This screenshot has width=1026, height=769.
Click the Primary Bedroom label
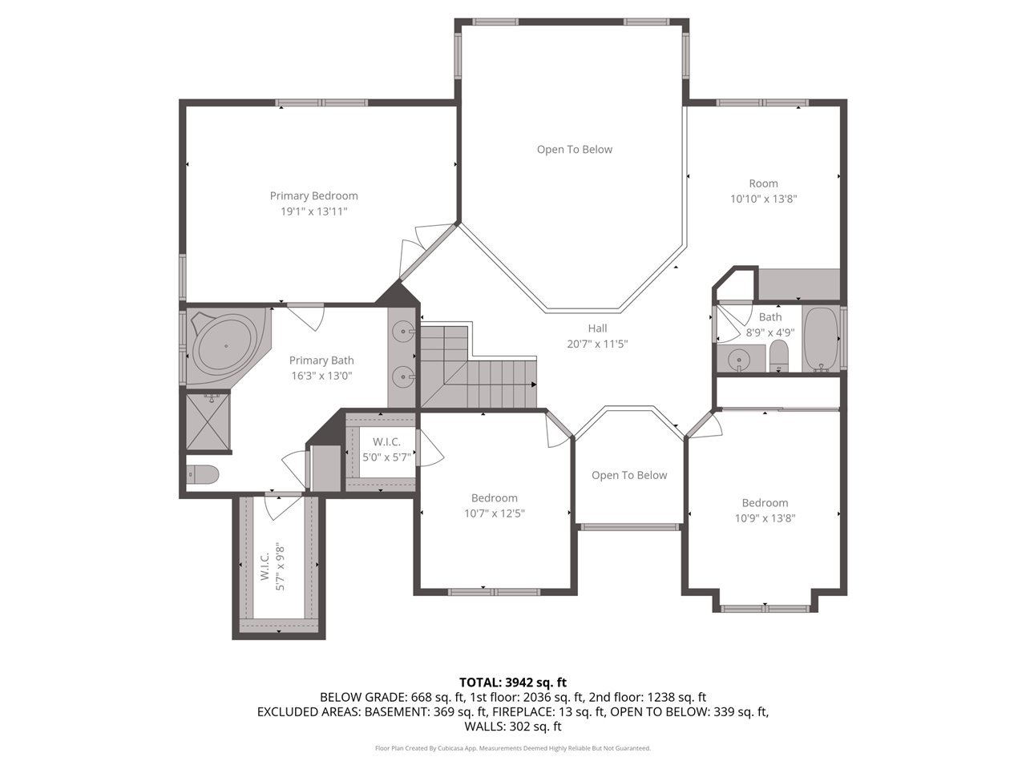313,195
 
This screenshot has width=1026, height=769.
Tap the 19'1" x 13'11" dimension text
313,211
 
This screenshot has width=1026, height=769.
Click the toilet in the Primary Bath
202,475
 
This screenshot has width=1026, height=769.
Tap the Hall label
597,328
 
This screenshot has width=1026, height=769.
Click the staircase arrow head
533,384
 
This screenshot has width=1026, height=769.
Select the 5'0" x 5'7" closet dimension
386,457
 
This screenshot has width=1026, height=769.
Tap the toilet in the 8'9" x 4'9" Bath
778,356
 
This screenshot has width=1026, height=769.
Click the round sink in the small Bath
738,360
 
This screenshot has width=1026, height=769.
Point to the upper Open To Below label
574,149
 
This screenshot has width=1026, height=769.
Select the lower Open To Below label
628,475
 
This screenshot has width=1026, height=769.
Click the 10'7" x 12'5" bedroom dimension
494,513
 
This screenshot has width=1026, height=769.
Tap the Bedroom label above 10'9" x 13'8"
764,502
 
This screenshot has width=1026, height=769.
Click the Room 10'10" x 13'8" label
763,191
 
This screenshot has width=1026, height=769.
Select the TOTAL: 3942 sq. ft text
512,682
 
